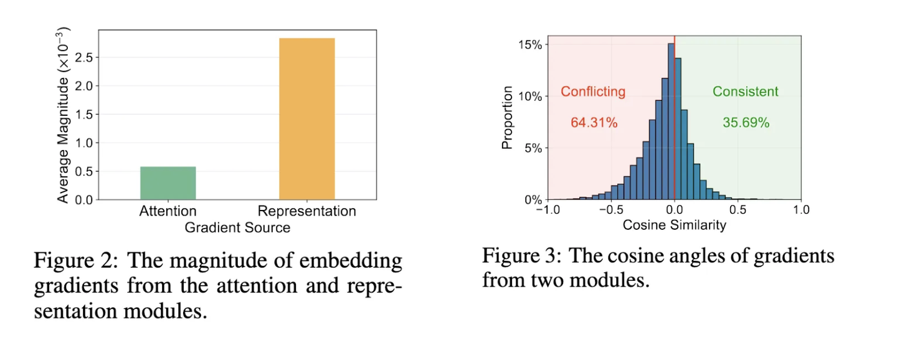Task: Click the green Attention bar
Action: tap(169, 183)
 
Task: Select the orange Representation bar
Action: tap(306, 119)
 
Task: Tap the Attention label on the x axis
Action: tap(168, 211)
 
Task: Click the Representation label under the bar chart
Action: tap(306, 211)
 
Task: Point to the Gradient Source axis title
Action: tap(237, 228)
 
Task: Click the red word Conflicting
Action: tap(593, 92)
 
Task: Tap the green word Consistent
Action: tap(745, 92)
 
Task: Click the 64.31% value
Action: tap(594, 123)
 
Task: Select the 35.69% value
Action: tap(746, 123)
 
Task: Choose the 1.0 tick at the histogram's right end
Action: tap(800, 210)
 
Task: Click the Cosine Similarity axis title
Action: tap(674, 225)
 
